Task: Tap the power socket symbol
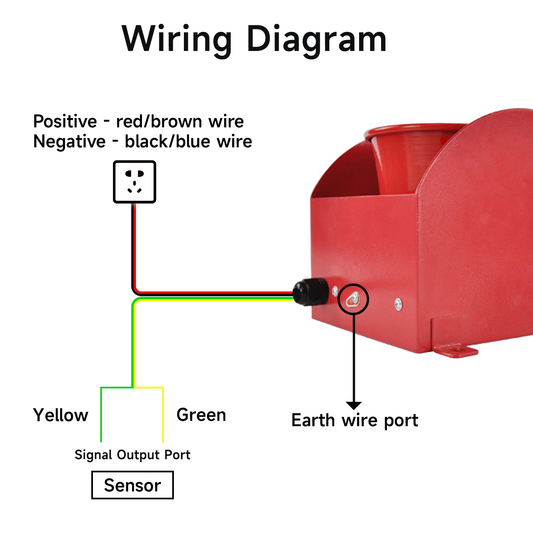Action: coord(135,182)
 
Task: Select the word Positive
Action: coord(65,121)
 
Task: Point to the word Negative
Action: coord(69,142)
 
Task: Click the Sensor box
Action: coord(133,485)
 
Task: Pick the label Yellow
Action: coord(61,415)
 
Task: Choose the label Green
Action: coord(201,415)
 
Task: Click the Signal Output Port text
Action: coord(132,455)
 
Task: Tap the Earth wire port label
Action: coord(355,420)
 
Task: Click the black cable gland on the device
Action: coord(310,291)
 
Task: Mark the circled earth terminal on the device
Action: coord(353,299)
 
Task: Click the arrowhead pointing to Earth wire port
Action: coord(354,405)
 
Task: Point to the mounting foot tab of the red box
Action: coord(456,351)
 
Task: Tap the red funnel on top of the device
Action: coord(413,157)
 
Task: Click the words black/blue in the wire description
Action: coord(168,142)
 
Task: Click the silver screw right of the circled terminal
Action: coord(398,303)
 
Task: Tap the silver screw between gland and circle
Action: coord(335,291)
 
